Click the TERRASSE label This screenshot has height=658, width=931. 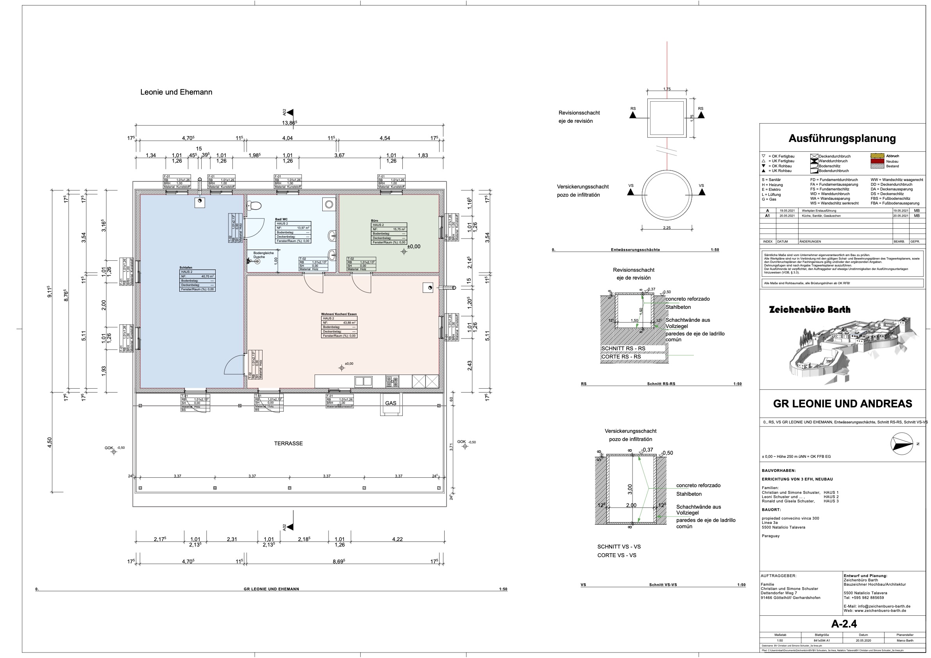click(x=288, y=443)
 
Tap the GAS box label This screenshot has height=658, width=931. click(x=390, y=403)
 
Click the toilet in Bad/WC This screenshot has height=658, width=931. click(x=256, y=206)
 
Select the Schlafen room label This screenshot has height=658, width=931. click(x=186, y=268)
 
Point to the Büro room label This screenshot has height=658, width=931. click(x=374, y=221)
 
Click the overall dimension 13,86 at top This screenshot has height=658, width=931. click(x=289, y=122)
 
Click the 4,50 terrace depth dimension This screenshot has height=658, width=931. click(x=50, y=442)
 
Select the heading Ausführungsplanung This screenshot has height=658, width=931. click(x=842, y=138)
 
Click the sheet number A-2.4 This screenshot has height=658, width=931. click(x=844, y=624)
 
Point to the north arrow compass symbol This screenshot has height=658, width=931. click(x=902, y=444)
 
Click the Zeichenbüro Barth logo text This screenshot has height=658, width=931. click(x=809, y=310)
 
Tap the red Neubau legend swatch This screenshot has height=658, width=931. click(x=877, y=161)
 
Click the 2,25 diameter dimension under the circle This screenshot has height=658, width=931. click(x=667, y=228)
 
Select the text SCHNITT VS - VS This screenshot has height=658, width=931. click(x=619, y=547)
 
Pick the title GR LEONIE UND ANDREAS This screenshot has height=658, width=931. click(x=843, y=404)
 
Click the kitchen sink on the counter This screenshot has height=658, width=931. click(x=363, y=381)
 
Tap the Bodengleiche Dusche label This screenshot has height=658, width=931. click(x=263, y=255)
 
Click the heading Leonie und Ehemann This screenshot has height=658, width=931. click(x=176, y=92)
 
